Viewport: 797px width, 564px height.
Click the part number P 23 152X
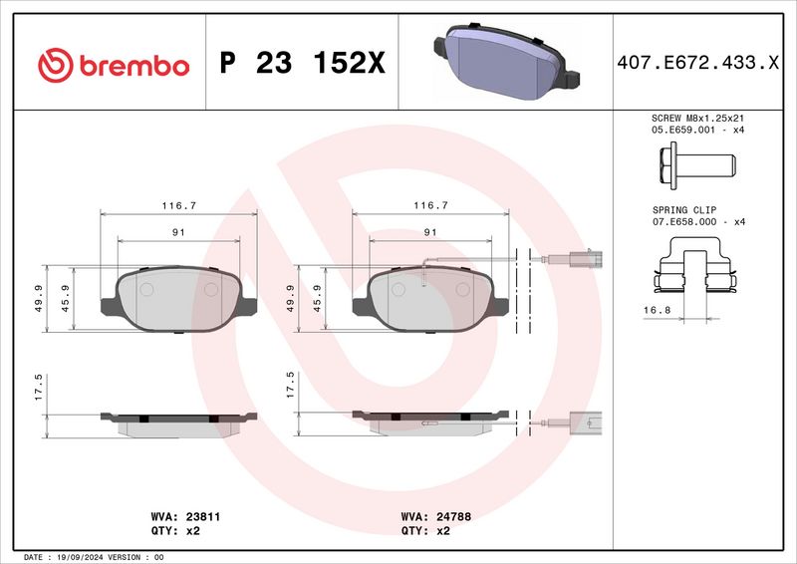[301, 65]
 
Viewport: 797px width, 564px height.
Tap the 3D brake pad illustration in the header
[504, 61]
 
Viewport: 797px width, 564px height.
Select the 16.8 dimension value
[656, 311]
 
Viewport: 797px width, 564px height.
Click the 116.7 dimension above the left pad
[179, 205]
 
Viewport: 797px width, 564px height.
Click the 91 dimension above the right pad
[430, 231]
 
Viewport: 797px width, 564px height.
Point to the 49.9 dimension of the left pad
[39, 298]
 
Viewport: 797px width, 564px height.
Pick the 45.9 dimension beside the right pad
[317, 298]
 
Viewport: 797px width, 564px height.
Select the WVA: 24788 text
[434, 518]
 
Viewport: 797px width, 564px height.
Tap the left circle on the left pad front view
[146, 289]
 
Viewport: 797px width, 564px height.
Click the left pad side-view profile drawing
[179, 422]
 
